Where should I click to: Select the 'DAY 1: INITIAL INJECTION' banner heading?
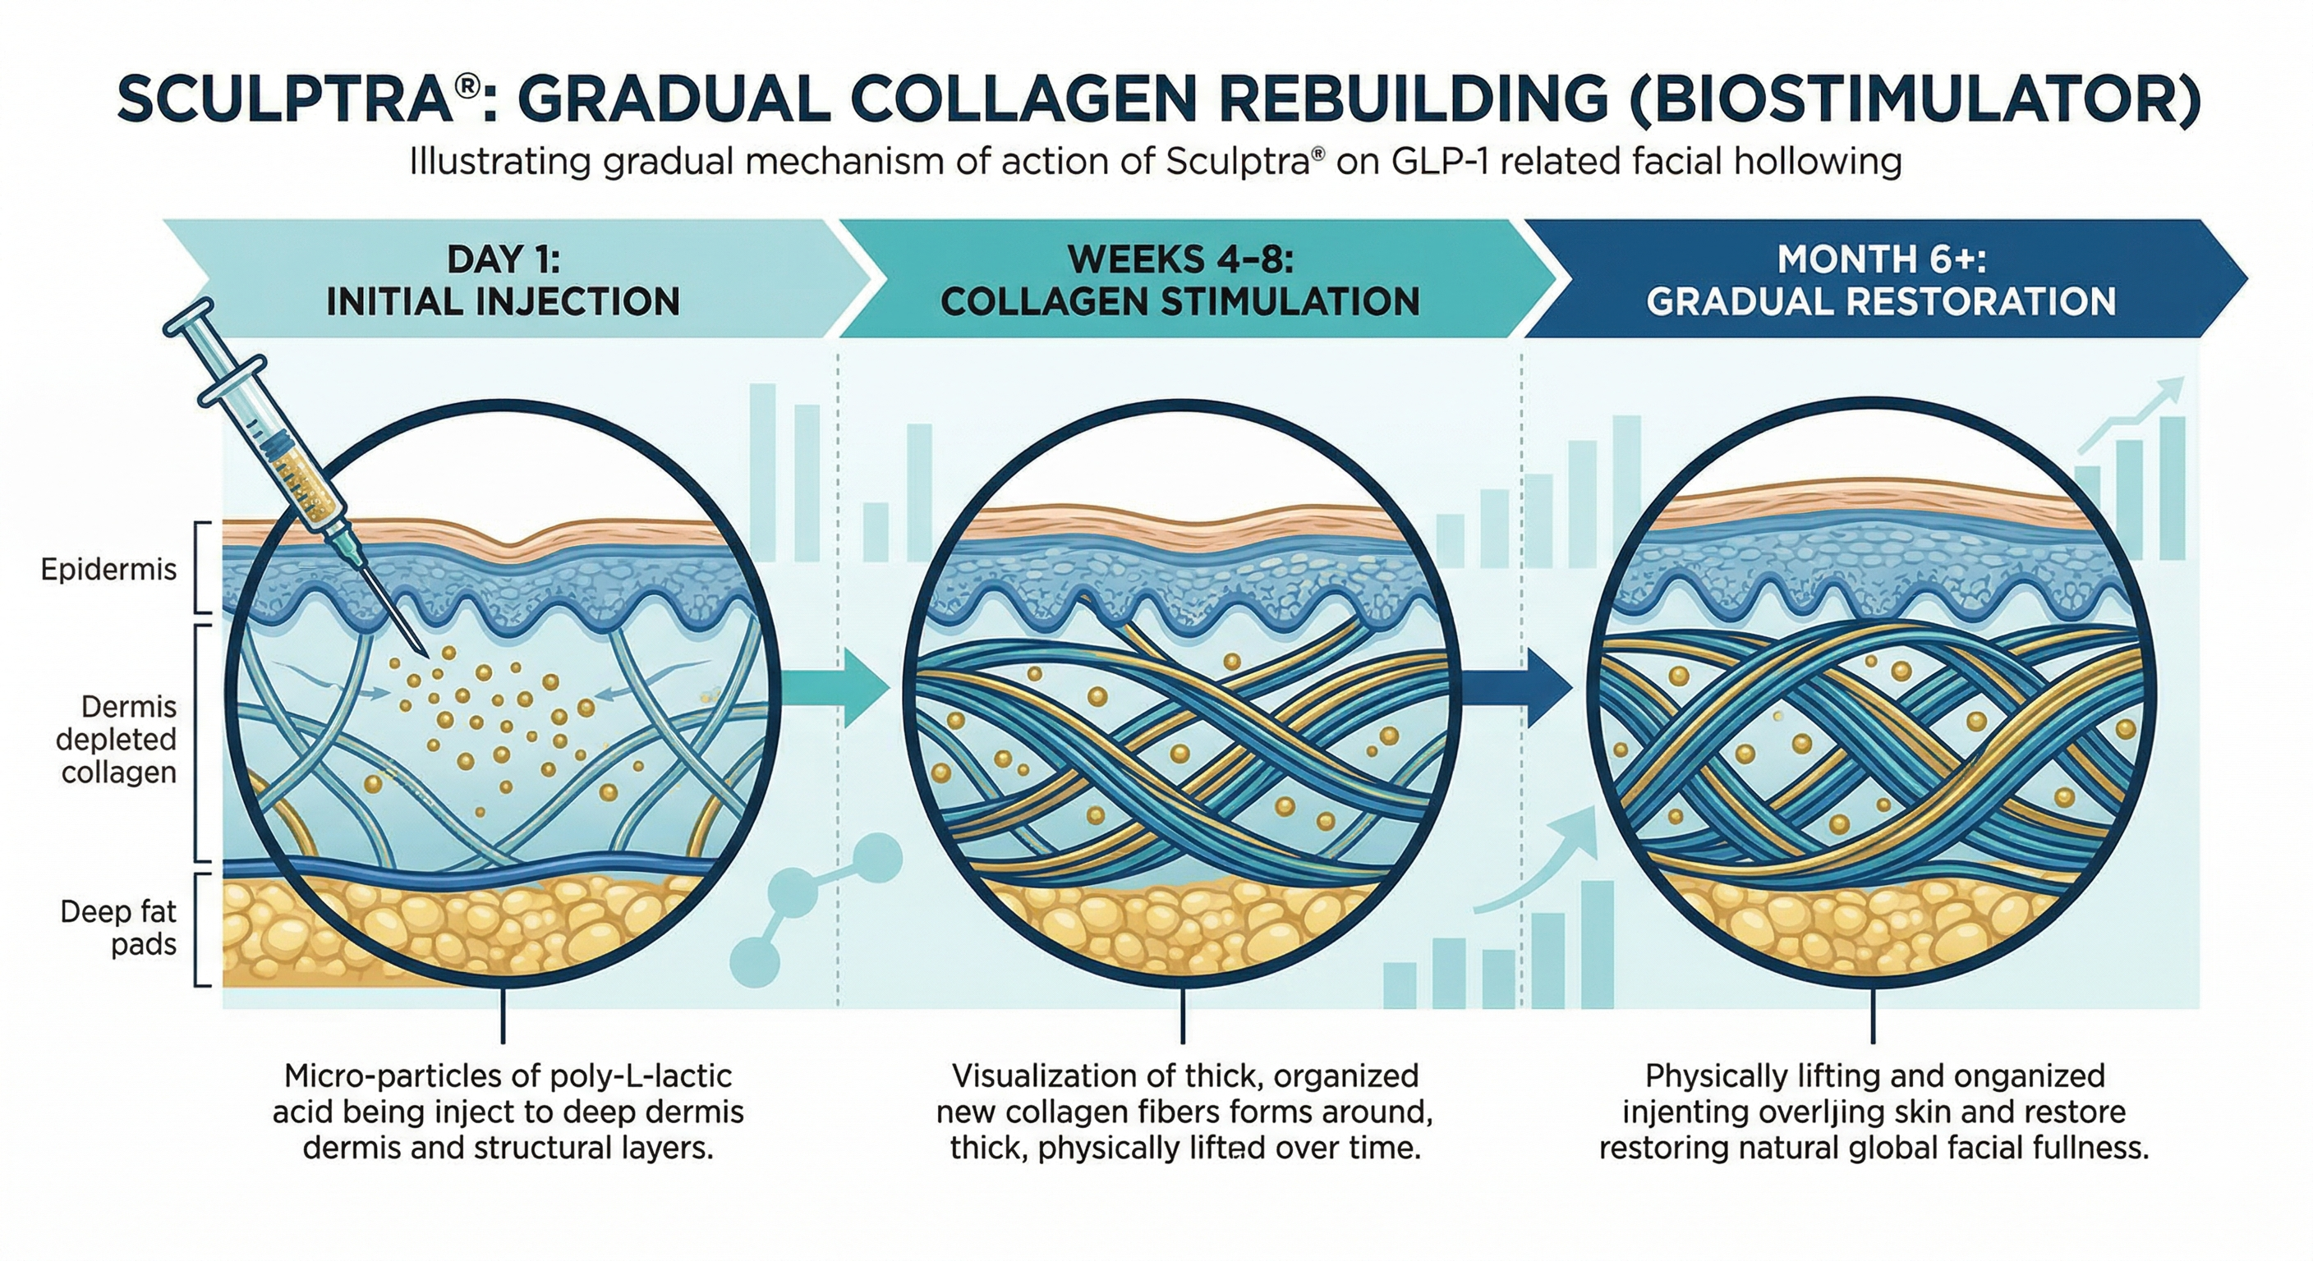click(x=503, y=280)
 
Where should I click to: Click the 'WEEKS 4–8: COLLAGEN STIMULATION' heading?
click(x=1179, y=280)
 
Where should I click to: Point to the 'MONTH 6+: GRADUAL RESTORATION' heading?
click(x=1880, y=280)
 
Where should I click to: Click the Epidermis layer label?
click(x=108, y=569)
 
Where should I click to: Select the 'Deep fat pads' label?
click(x=119, y=928)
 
